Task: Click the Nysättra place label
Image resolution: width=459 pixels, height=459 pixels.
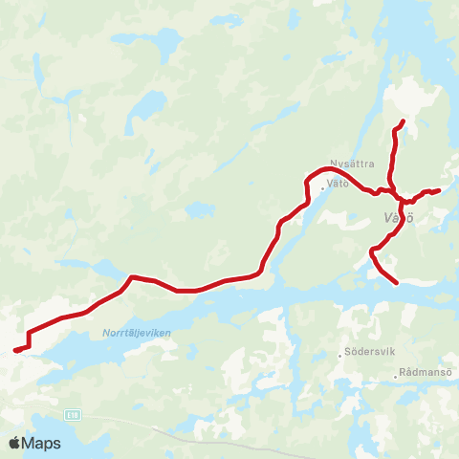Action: tap(351, 163)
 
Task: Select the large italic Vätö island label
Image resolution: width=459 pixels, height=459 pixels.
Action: tap(397, 218)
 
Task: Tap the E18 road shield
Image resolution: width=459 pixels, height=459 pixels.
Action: tap(74, 415)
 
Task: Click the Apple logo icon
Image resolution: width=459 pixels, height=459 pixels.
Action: tap(14, 443)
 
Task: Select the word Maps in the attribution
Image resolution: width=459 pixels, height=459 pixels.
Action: tap(41, 443)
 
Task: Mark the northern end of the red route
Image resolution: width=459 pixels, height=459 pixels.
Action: tap(404, 120)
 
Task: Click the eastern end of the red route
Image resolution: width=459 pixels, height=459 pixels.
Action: tap(438, 190)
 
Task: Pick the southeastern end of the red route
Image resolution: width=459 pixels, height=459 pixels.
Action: tap(396, 282)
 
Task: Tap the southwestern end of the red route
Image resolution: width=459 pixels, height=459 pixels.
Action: tap(15, 350)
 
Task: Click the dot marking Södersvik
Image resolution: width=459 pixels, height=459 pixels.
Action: tap(341, 355)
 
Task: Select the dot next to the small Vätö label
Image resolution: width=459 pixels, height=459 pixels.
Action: tap(323, 187)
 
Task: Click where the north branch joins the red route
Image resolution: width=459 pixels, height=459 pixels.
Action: tap(391, 188)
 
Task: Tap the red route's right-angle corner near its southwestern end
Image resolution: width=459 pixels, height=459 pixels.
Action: tap(31, 334)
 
